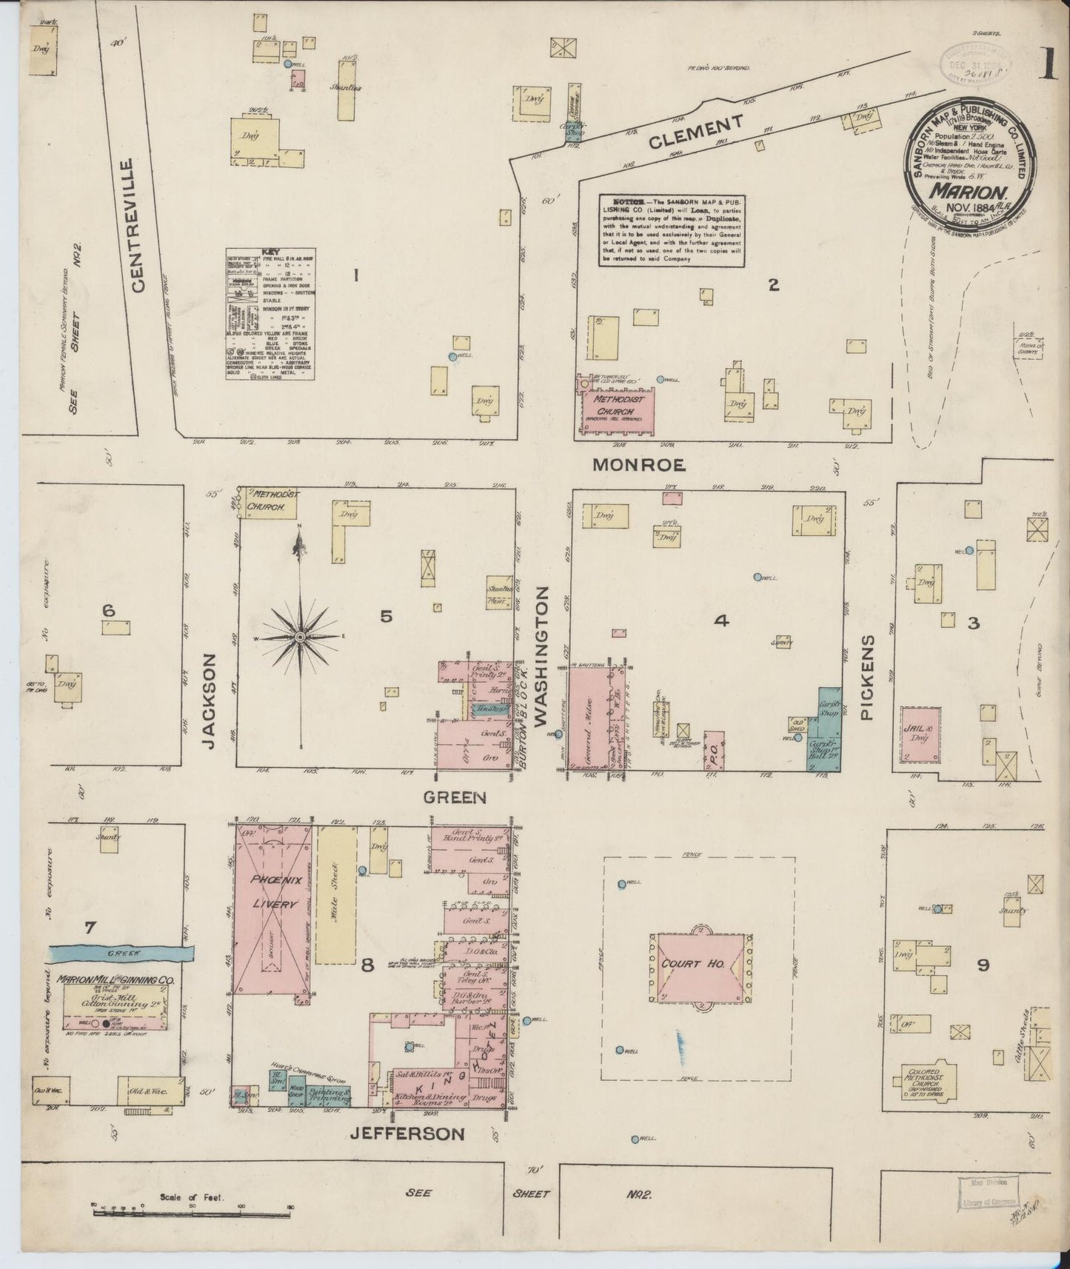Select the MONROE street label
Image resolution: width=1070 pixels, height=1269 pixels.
[x=638, y=465]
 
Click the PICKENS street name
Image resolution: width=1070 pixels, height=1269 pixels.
[x=869, y=677]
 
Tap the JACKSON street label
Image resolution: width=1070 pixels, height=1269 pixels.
[x=210, y=700]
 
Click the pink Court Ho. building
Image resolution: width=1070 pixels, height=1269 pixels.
[x=700, y=966]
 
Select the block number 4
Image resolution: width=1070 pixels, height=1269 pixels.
[x=721, y=620]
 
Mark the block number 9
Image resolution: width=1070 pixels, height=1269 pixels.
[x=983, y=965]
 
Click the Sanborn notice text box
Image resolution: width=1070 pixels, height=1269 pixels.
[x=672, y=230]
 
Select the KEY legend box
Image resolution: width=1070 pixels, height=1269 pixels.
[x=270, y=314]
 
